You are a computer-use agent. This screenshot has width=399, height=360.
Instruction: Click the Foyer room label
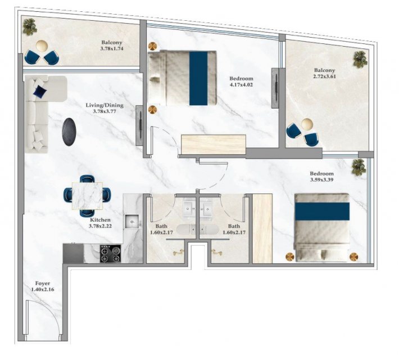pos(43,283)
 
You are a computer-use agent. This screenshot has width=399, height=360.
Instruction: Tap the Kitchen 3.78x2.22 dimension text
pos(100,226)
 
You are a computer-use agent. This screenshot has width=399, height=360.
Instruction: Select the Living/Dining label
pos(105,105)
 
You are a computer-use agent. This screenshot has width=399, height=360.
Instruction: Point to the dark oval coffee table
pos(69,132)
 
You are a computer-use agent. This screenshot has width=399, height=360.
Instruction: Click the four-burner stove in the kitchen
pos(110,254)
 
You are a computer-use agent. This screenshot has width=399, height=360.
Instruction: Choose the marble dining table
pos(87,196)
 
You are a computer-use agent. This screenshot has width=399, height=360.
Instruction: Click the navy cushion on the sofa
pos(40,91)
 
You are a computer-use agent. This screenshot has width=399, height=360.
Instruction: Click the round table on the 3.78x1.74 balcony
pos(42,46)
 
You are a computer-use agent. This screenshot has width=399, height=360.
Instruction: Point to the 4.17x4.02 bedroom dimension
pos(241,85)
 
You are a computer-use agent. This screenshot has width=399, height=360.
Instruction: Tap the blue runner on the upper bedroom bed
pos(198,78)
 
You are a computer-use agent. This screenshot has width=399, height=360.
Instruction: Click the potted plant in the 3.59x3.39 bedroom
pos(359,167)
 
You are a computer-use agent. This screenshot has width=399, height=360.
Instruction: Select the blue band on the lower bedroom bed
pos(322,211)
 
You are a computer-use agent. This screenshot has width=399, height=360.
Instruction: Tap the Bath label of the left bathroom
pos(161,226)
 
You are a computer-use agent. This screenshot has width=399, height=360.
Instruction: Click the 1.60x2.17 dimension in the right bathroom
pos(234,232)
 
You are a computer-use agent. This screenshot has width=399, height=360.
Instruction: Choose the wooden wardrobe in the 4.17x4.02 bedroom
pos(213,144)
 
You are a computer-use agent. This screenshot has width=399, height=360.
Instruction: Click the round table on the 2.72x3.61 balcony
pos(307,124)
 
